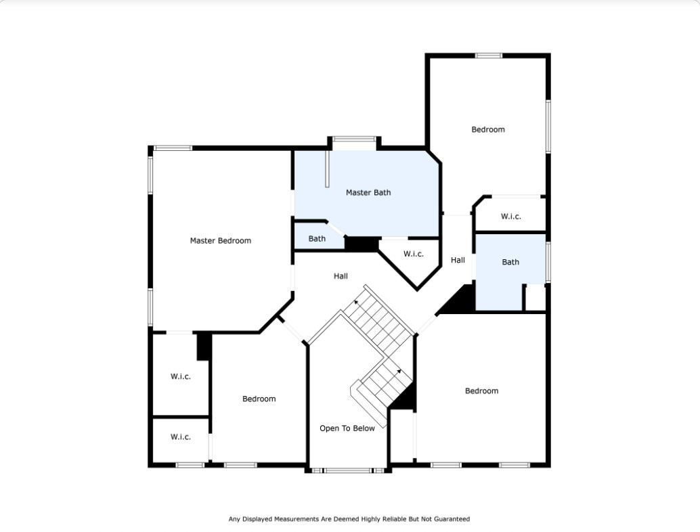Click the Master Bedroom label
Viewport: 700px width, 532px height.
[220, 240]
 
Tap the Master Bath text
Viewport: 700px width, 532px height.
[368, 193]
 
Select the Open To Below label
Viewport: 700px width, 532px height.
[347, 428]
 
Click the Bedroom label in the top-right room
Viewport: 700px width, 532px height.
[488, 129]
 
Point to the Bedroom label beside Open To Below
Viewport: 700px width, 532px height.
[259, 399]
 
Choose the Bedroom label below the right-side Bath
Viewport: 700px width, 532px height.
[481, 391]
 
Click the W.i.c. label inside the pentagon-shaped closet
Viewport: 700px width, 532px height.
[413, 254]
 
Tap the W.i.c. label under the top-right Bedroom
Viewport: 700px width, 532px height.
[510, 217]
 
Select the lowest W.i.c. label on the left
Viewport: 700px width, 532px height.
[180, 437]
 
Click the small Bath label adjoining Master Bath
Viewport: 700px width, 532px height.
[317, 238]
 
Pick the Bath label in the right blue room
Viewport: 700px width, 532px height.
[510, 262]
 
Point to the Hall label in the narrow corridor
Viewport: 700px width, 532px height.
[458, 260]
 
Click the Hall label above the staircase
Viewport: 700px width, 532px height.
[341, 276]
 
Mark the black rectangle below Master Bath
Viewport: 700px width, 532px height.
[362, 244]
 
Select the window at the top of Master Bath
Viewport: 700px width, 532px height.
[353, 139]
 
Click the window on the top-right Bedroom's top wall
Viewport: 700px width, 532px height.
[488, 56]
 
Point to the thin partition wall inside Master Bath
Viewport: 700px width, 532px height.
[326, 169]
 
